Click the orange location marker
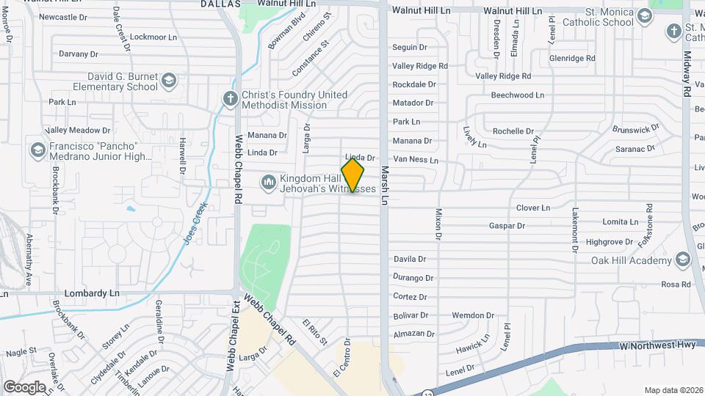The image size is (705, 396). (352, 175)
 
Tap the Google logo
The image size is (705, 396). (24, 386)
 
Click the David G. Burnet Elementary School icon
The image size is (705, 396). (169, 80)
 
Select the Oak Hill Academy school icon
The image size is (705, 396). (684, 260)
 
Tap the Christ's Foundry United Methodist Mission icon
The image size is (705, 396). (230, 99)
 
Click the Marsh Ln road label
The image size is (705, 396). (383, 180)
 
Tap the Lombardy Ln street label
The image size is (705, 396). (92, 293)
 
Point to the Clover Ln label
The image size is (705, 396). (533, 208)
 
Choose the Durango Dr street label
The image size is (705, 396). (413, 278)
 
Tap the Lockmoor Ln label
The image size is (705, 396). (153, 37)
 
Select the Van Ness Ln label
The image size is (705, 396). (416, 159)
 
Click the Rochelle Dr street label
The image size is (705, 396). (513, 131)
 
